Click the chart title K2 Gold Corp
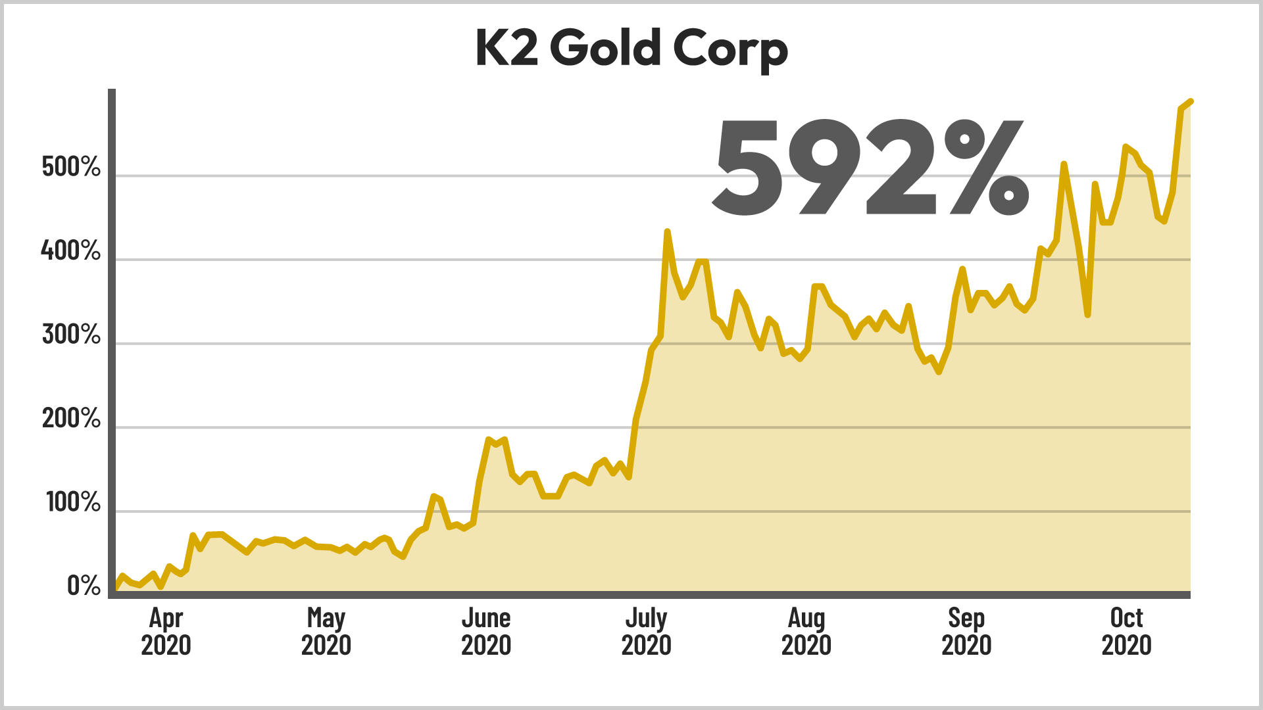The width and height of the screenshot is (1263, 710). (631, 49)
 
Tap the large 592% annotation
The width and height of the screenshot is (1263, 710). (870, 168)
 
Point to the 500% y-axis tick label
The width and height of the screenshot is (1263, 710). (71, 167)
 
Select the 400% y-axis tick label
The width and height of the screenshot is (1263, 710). (71, 250)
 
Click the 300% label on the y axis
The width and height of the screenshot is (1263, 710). (71, 335)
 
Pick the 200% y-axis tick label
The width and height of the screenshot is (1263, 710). (71, 418)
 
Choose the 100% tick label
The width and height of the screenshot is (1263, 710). (73, 502)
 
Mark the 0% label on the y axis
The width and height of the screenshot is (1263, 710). (84, 586)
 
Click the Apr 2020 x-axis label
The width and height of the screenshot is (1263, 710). (166, 631)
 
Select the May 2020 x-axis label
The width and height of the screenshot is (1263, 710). (326, 631)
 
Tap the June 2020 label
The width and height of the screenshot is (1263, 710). (486, 631)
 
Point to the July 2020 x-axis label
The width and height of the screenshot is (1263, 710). (646, 631)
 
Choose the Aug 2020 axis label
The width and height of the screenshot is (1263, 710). (806, 631)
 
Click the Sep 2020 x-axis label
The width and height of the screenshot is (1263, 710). (966, 631)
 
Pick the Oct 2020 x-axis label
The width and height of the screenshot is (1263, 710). (1126, 631)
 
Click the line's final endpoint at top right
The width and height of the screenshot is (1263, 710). (1191, 101)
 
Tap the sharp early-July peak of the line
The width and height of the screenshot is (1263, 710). (667, 231)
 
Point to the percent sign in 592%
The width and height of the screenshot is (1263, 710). (983, 168)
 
